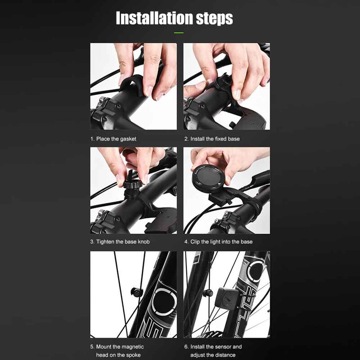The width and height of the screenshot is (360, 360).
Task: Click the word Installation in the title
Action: pos(152,18)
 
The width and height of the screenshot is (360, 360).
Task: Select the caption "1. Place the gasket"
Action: pos(113,139)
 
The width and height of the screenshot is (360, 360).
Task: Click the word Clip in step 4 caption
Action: pos(195,242)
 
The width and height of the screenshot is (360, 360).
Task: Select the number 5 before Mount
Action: pos(92,347)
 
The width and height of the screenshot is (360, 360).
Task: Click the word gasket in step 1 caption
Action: pos(127,139)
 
